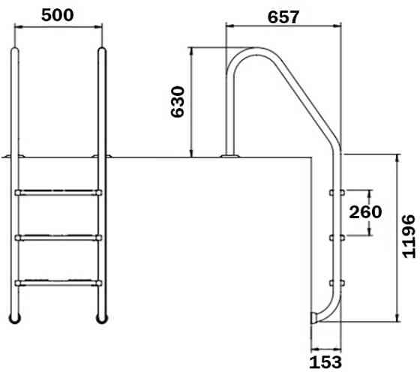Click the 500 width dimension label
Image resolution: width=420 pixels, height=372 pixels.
click(x=57, y=16)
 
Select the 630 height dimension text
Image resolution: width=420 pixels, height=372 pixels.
click(x=178, y=101)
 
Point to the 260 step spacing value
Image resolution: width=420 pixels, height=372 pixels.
click(x=365, y=212)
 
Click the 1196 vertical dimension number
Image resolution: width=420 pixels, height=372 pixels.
click(x=407, y=237)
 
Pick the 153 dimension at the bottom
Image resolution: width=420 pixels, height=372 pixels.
click(x=325, y=361)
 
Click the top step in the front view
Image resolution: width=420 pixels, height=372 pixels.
click(x=58, y=192)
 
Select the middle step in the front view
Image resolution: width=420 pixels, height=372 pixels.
click(x=58, y=238)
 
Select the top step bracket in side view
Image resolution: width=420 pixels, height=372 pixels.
click(x=335, y=193)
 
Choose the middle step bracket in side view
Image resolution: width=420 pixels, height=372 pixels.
click(x=335, y=238)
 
